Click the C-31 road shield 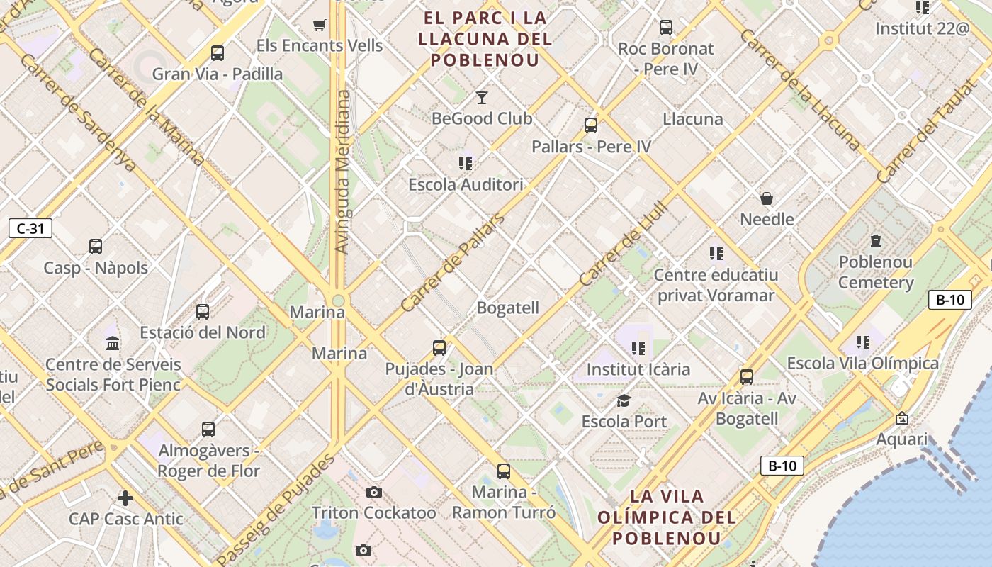30,228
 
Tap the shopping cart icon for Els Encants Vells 319,26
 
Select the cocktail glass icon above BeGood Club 482,97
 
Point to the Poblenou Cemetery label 876,272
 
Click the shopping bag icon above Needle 767,198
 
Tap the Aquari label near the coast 902,439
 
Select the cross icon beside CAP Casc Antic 125,498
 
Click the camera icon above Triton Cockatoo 374,492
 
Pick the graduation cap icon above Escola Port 624,401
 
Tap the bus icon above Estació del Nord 203,312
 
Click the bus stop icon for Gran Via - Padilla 218,53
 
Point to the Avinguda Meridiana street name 342,172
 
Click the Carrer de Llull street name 624,244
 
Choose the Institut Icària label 638,369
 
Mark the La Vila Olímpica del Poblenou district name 666,517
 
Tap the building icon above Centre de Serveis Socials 113,344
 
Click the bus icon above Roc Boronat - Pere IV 666,28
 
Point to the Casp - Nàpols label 96,268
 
